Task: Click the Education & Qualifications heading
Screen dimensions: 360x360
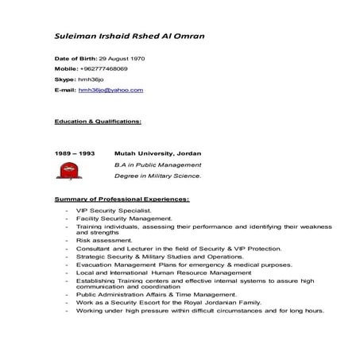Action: pos(98,122)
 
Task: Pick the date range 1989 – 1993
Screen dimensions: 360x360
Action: pos(75,153)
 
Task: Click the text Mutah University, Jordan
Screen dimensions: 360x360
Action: pos(157,153)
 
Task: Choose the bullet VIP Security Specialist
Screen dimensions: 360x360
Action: pos(113,210)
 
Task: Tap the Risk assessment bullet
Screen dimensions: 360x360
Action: pos(104,239)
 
